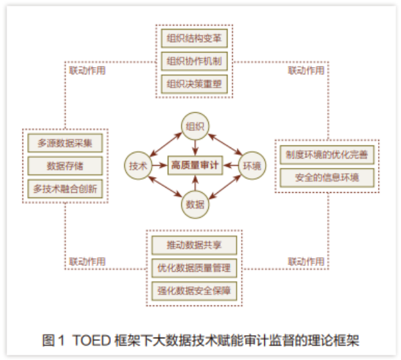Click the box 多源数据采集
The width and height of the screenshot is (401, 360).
coord(65,143)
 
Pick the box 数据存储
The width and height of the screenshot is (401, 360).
coord(65,165)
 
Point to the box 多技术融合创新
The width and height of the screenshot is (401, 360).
coord(65,188)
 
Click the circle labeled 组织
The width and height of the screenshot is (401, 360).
coord(195,125)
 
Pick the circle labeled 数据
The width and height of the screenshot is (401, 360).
coord(195,204)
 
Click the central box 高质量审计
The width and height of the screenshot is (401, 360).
coord(195,165)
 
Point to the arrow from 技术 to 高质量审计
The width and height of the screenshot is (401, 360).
coord(160,165)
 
